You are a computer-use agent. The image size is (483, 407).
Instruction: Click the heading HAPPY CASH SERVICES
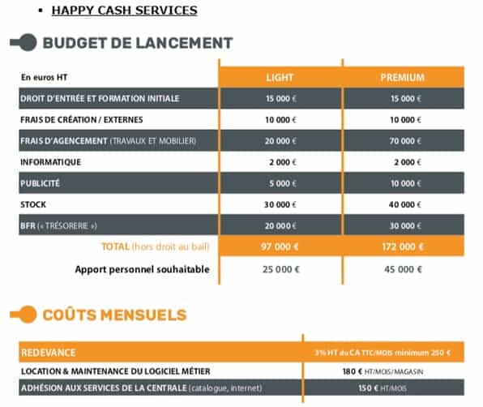[124, 11]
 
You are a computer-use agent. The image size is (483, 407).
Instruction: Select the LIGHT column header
[280, 78]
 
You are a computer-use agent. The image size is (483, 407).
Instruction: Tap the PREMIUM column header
[402, 78]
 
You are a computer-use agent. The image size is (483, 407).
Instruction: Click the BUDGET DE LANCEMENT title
[137, 43]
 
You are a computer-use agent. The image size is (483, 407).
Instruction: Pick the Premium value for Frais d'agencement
[402, 140]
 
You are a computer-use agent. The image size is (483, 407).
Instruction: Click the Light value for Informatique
[280, 161]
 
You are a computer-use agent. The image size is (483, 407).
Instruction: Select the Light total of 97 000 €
[280, 246]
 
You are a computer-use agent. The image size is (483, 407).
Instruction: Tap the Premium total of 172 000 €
[402, 246]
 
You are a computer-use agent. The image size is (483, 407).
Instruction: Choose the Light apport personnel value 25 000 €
[280, 269]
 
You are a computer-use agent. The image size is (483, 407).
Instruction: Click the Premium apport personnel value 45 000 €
[402, 269]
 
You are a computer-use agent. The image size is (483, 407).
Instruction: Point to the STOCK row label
[34, 203]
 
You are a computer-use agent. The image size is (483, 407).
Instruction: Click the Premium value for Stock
[402, 203]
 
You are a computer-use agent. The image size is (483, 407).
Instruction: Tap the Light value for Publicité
[280, 182]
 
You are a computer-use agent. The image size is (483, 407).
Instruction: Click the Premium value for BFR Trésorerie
[402, 225]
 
